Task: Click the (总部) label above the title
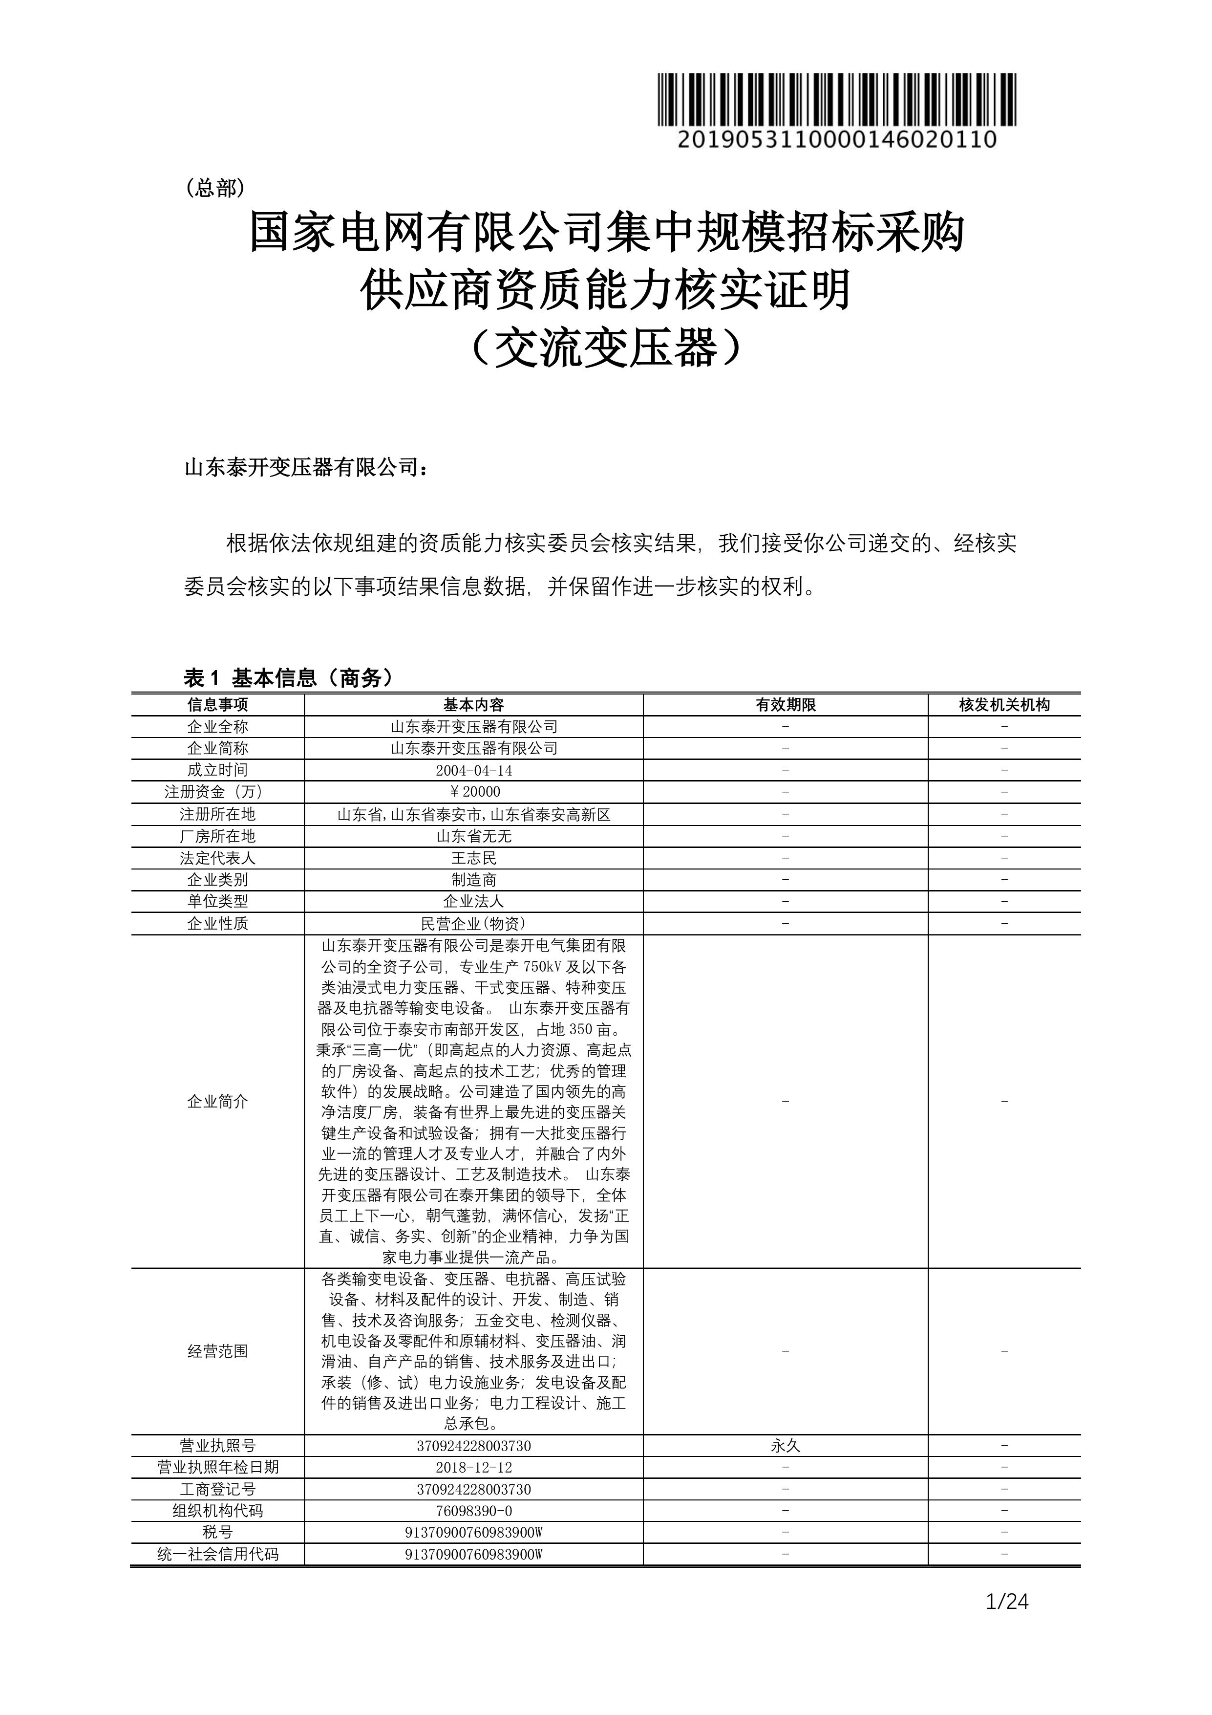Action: pos(215,188)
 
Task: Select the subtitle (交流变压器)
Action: pos(606,347)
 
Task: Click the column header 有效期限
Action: pos(786,704)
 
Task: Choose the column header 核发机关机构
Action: pos(1004,704)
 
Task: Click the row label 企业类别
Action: pos(217,880)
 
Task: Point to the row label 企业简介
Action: pos(217,1101)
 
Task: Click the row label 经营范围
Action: pos(217,1350)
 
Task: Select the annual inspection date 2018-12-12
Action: pos(473,1468)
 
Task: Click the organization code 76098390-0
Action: pos(473,1511)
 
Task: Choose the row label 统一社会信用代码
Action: pos(217,1554)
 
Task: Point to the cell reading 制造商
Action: pos(473,880)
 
